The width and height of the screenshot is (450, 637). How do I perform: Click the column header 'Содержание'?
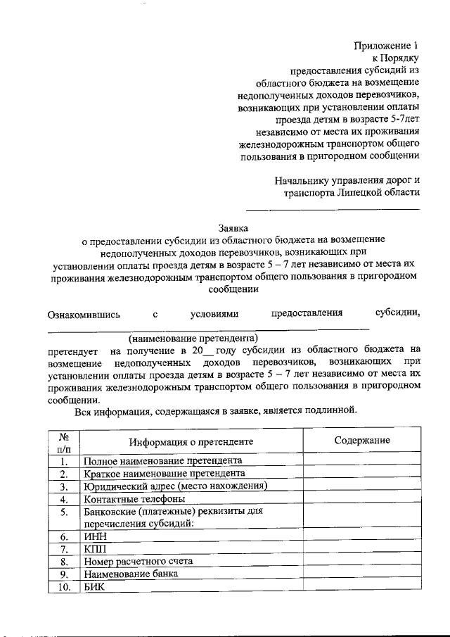[361, 440]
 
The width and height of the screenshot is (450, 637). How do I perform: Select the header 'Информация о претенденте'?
[191, 441]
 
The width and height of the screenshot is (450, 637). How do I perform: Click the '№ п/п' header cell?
[63, 441]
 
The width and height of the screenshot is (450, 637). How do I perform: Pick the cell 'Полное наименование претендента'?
[163, 461]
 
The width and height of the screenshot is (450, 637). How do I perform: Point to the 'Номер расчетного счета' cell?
[138, 562]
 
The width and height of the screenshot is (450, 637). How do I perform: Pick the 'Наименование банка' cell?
[131, 574]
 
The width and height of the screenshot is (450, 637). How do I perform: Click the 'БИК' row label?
[94, 587]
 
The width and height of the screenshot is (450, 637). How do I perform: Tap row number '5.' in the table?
[63, 512]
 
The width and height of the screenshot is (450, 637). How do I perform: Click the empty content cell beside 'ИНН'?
[361, 536]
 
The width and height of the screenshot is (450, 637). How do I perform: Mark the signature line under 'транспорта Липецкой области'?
[332, 209]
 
